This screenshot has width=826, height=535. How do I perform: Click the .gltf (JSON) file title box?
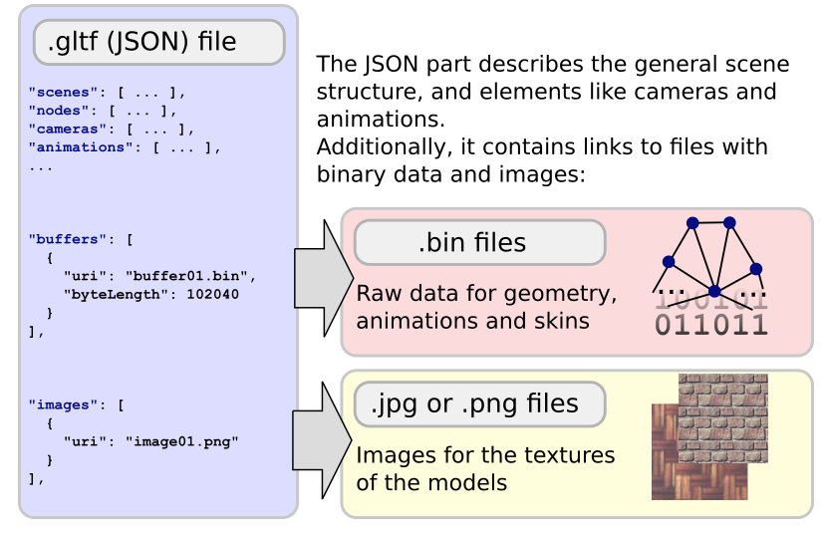tap(159, 42)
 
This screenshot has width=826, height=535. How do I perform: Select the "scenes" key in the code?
tap(63, 92)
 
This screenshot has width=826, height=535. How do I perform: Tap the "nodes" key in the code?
tap(59, 111)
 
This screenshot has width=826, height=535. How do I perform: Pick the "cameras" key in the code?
tap(68, 129)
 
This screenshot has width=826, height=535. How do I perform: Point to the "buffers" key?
tap(68, 239)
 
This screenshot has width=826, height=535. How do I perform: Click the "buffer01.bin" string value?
tap(186, 276)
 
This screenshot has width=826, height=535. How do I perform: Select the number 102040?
tap(213, 294)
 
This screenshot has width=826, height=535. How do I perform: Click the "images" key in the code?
tap(63, 404)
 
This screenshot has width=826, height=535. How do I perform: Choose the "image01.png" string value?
tap(182, 441)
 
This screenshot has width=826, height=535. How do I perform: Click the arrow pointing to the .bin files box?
tap(324, 278)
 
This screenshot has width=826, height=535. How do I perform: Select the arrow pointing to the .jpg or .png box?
tap(322, 440)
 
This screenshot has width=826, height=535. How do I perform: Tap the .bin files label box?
tap(480, 242)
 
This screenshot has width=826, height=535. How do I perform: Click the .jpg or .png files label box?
tap(480, 403)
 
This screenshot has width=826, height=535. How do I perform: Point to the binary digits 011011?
tap(710, 325)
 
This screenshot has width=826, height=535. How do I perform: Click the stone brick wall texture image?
tap(722, 418)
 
